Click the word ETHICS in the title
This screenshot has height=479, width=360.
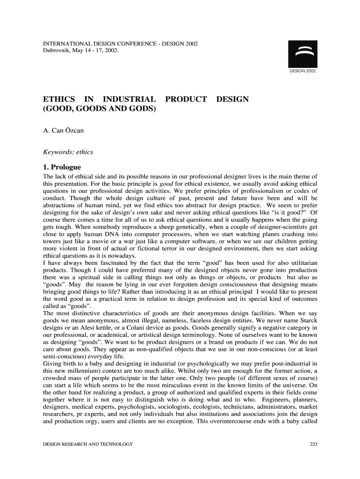pyautogui.click(x=59, y=99)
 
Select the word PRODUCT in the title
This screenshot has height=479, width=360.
pyautogui.click(x=185, y=99)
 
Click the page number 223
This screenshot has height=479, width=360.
pyautogui.click(x=314, y=444)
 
